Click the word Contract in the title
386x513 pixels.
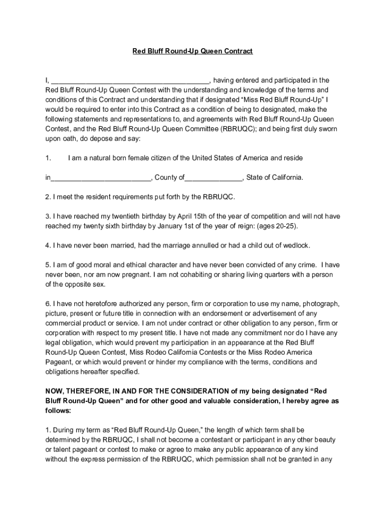point(238,51)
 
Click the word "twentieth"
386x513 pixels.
point(136,216)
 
